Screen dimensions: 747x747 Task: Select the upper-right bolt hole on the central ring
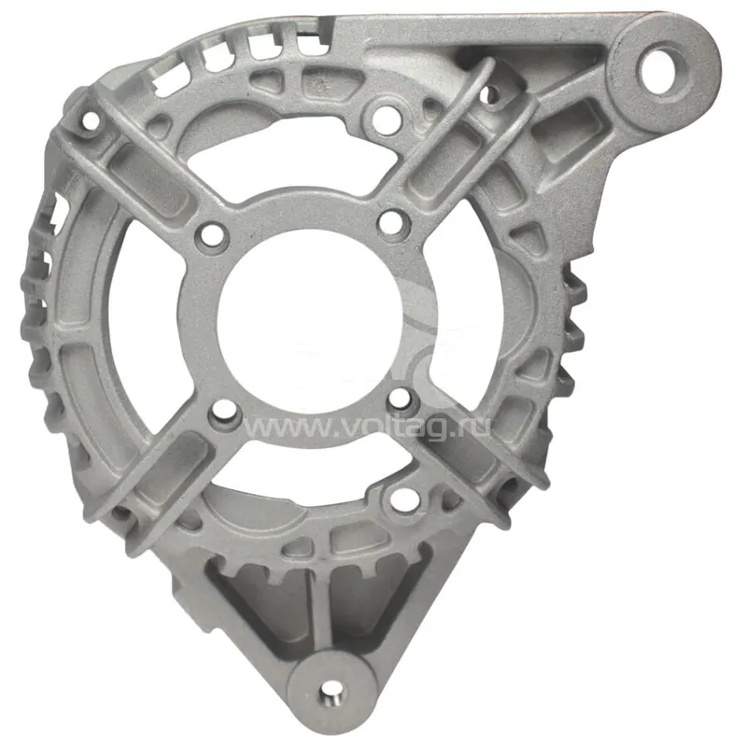392,222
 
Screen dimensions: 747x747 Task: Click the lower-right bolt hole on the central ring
401,400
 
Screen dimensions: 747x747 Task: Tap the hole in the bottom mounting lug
332,694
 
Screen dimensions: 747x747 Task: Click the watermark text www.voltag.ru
366,426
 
